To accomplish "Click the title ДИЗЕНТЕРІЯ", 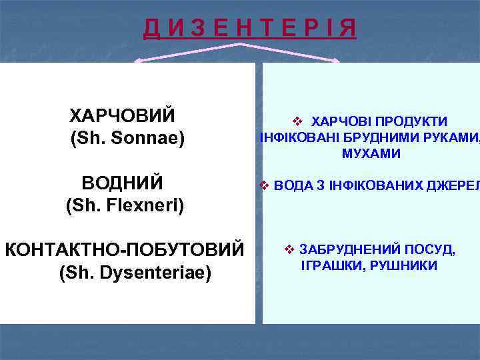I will pyautogui.click(x=249, y=29).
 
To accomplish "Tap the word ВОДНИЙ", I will pyautogui.click(x=123, y=183).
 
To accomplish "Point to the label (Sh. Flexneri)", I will pyautogui.click(x=125, y=205).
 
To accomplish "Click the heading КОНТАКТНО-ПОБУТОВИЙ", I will pyautogui.click(x=124, y=250).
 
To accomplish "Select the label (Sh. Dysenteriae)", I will pyautogui.click(x=135, y=273).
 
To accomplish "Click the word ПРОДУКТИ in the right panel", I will pyautogui.click(x=409, y=121).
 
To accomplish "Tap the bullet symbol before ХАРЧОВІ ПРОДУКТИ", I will pyautogui.click(x=297, y=121).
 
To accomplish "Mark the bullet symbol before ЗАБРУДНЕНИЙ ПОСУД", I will pyautogui.click(x=289, y=250).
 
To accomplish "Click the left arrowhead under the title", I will pyautogui.click(x=138, y=62).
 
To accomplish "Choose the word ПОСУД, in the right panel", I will pyautogui.click(x=429, y=250).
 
